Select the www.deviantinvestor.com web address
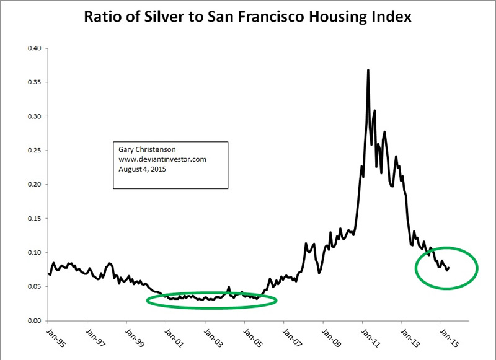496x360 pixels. pos(162,159)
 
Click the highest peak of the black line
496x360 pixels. pos(368,70)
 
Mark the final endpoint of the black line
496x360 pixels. pos(449,267)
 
